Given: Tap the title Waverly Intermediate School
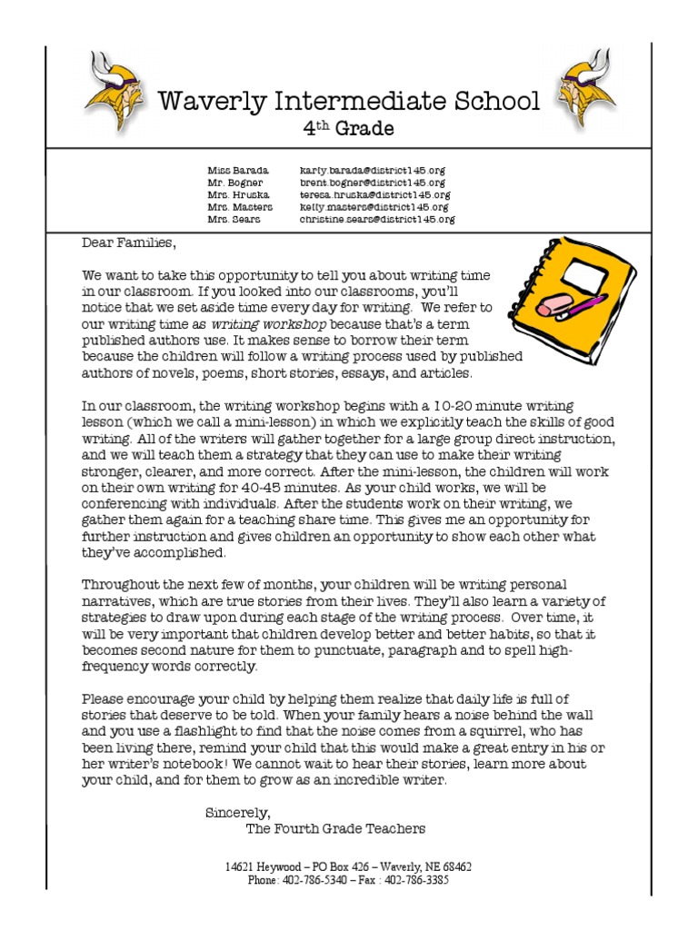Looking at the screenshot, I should (349, 101).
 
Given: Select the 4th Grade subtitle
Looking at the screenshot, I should (348, 129).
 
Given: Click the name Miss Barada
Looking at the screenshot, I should (237, 171).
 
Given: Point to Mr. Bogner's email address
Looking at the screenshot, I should (373, 183).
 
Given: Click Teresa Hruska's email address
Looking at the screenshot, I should (374, 194).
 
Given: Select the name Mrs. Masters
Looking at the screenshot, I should (239, 207).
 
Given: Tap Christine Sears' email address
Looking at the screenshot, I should (377, 219).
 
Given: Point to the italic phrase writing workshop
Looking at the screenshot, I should (268, 324).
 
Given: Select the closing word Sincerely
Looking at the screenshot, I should (238, 812).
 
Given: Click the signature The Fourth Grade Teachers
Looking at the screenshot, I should (335, 828).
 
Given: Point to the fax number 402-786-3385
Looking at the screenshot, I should (417, 880).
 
